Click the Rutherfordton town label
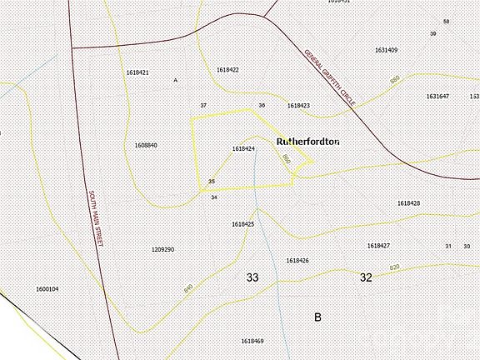coord(307,142)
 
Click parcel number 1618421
coord(137,73)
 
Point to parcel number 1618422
coord(227,69)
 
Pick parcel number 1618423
coord(298,106)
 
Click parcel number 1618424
coord(243,149)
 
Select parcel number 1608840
coord(146,145)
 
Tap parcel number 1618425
coord(242,224)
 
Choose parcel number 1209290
coord(162,249)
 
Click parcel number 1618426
coord(297,261)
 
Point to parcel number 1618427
coord(378,246)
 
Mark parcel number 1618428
coord(408,203)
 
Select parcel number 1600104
coord(47,289)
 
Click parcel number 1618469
coord(252,341)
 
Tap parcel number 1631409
coord(386,50)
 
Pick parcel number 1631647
coord(437,97)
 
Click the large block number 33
coord(252,277)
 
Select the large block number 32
coord(366,277)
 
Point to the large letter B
coord(317,317)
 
